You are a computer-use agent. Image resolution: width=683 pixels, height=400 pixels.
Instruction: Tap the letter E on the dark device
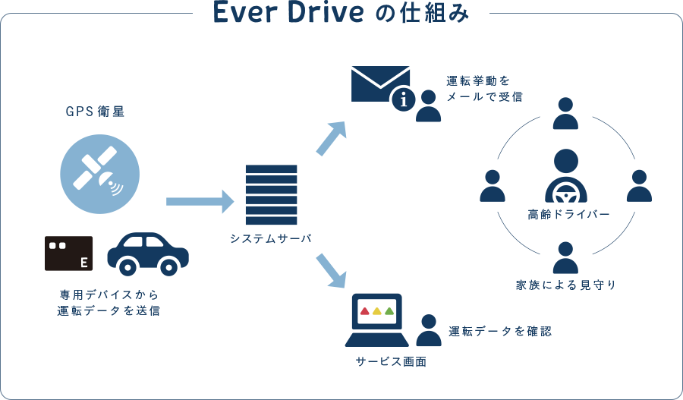coord(83,263)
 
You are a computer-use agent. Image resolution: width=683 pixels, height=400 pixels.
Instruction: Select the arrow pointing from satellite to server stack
coord(200,201)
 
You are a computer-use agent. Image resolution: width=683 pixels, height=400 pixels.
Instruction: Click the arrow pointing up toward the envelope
coord(332,138)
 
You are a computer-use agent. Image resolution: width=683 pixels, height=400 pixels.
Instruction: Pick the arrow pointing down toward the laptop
coord(331,270)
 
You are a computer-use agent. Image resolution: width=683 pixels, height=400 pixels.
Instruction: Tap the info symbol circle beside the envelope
coord(403,99)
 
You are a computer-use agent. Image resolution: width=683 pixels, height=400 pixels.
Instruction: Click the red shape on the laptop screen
coord(364,310)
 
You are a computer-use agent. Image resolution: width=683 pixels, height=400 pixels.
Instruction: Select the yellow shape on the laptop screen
coord(377,310)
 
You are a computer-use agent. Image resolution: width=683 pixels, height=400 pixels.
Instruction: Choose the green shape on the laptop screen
coord(389,310)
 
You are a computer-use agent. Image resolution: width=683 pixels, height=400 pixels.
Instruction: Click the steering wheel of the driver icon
coord(565,194)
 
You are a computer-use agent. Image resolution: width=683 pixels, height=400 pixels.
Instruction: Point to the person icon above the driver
coord(565,113)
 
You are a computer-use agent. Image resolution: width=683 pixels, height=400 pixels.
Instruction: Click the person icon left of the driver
coord(493,185)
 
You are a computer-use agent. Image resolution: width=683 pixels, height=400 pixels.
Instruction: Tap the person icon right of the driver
coord(639,185)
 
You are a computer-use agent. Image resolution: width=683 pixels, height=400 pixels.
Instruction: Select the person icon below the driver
coord(565,257)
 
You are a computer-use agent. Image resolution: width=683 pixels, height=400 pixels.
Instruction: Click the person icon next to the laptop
coord(429,331)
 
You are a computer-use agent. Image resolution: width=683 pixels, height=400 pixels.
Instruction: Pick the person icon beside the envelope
coord(429,106)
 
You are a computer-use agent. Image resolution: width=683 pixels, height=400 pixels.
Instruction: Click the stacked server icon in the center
coord(271,195)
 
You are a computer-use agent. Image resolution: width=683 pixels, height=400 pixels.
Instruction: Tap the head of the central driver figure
coord(565,162)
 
